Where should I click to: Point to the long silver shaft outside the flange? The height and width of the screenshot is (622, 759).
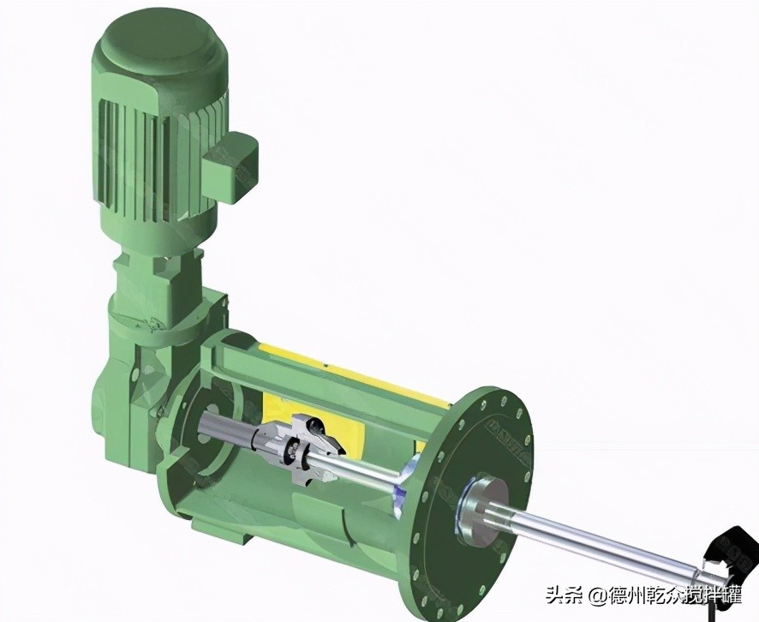[600, 532]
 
